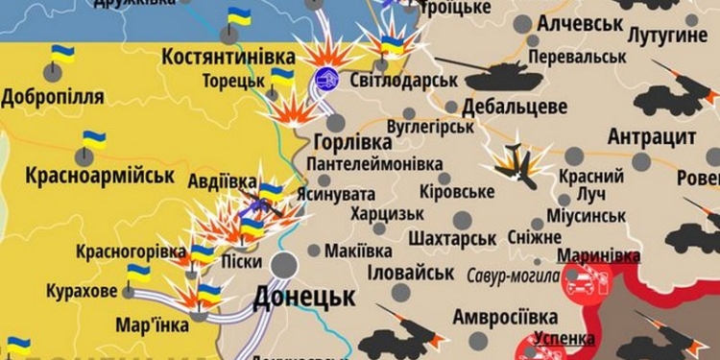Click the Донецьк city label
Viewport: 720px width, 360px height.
pyautogui.click(x=304, y=298)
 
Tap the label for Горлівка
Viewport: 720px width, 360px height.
pyautogui.click(x=352, y=142)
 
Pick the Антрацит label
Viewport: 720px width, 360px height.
pyautogui.click(x=652, y=136)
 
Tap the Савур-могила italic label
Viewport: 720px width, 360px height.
pyautogui.click(x=513, y=276)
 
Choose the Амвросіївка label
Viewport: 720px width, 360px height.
pyautogui.click(x=505, y=316)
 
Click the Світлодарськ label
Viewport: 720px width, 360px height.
pyautogui.click(x=402, y=79)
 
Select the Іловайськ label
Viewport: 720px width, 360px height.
pyautogui.click(x=410, y=273)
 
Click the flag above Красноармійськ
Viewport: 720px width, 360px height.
pyautogui.click(x=93, y=139)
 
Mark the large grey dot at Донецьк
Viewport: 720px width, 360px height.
pyautogui.click(x=284, y=266)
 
